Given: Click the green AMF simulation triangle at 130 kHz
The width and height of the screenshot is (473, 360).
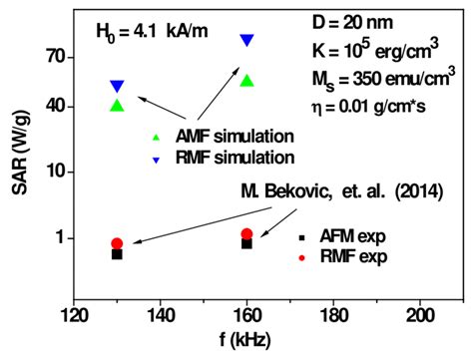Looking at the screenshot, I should click(x=117, y=105).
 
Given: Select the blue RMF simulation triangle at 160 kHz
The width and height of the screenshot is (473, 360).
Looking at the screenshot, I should click(x=247, y=40).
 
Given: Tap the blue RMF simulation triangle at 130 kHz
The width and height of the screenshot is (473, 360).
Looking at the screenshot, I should click(x=117, y=87).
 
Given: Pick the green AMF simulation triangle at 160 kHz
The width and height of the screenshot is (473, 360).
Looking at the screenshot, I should click(x=247, y=80).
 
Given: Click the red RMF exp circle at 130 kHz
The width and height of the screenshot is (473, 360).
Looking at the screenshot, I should click(x=117, y=243).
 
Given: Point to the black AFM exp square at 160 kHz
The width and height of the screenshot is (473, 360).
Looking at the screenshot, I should click(x=247, y=243).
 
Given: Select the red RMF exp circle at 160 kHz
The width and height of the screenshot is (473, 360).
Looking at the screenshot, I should click(x=247, y=234).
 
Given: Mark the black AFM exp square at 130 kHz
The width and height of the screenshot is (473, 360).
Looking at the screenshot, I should click(x=117, y=254).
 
